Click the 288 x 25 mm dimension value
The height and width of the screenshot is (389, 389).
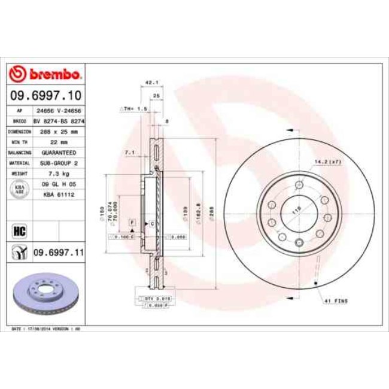(57, 131)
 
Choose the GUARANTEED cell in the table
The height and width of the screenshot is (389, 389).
(57, 153)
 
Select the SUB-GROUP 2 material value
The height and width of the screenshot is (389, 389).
(57, 163)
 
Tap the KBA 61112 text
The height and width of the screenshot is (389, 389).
(57, 194)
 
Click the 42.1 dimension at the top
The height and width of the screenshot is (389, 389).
(151, 83)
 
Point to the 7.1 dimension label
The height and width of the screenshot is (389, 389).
(129, 153)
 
